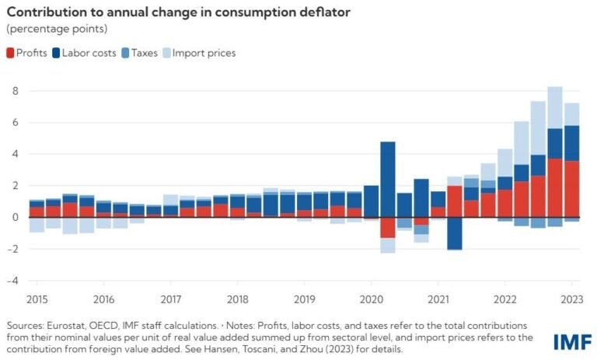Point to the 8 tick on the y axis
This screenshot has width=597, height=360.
coord(14,91)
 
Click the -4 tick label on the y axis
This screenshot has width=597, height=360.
coord(12,280)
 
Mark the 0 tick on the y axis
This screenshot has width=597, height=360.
coord(14,217)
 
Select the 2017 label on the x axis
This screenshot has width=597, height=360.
coord(171,299)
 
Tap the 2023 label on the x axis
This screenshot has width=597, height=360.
coord(571,299)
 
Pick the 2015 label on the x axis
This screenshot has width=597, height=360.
coord(37,299)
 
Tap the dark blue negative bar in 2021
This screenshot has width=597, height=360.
coord(455,233)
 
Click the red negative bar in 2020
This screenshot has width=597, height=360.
coord(388,227)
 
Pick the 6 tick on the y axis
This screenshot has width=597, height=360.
coord(14,123)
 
